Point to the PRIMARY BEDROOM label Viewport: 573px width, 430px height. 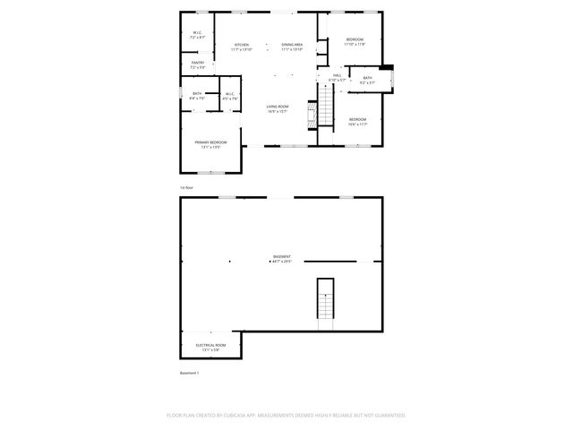211,144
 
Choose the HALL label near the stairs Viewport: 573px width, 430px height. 337,77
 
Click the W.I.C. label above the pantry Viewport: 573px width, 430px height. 198,35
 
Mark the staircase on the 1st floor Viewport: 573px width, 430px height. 326,107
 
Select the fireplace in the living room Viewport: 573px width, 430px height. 311,112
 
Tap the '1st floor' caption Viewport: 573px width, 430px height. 187,187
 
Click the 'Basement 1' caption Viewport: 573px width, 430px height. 190,373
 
